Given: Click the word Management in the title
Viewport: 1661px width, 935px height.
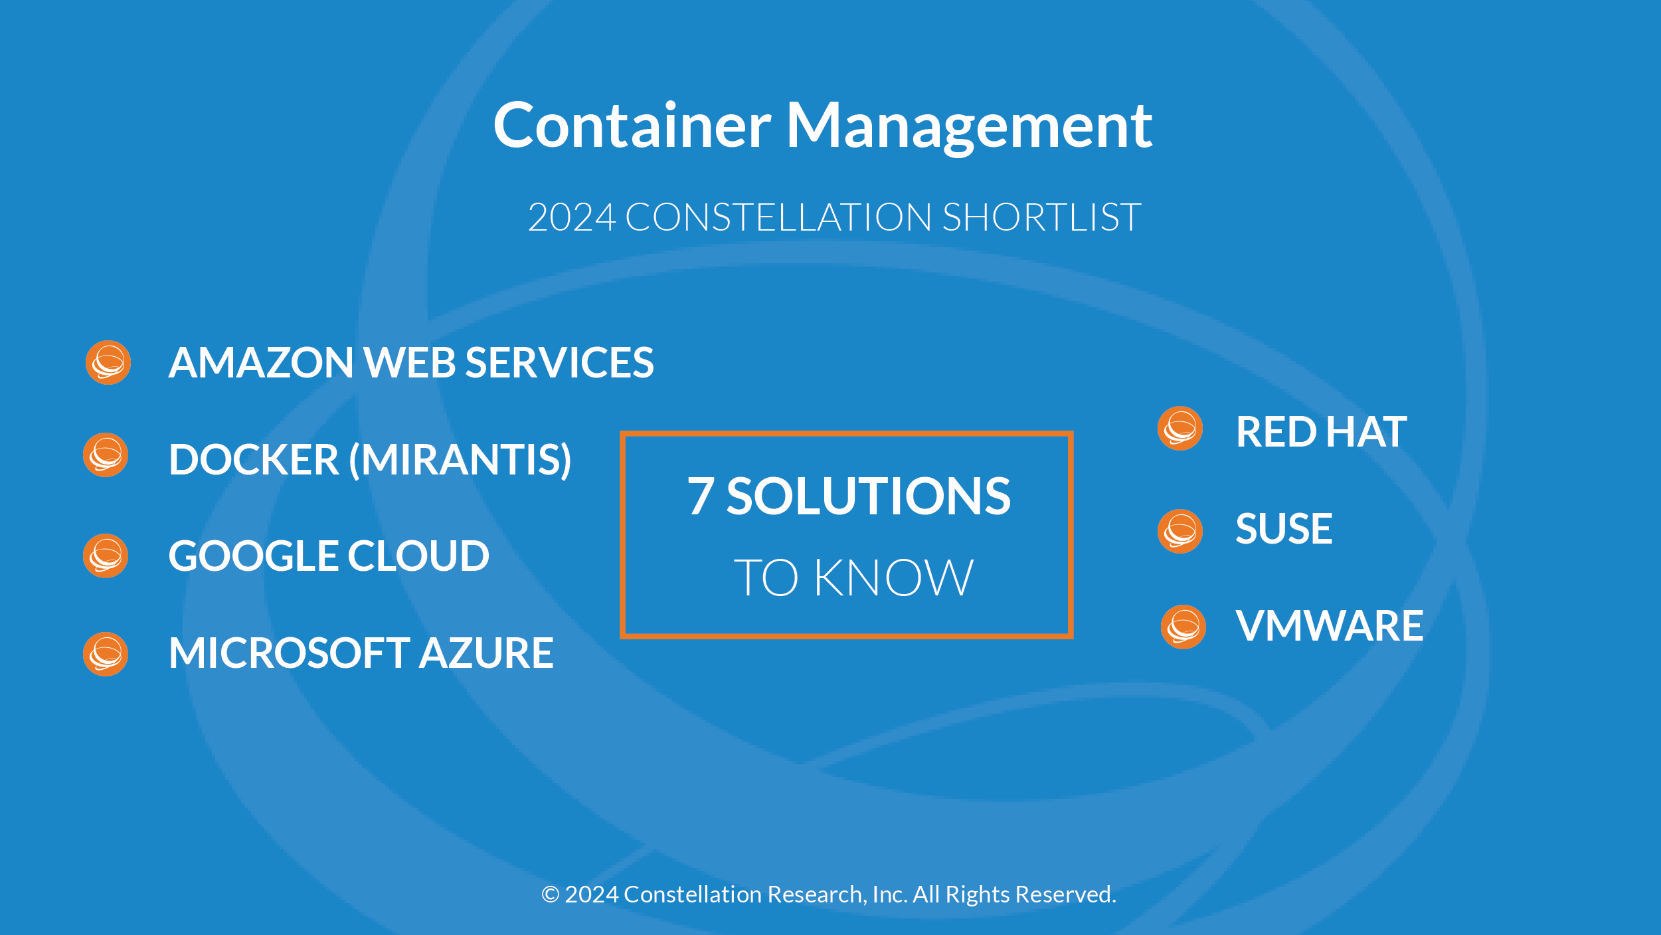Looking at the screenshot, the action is (970, 127).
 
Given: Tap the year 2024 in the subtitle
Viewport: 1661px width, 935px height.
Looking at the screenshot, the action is (572, 217).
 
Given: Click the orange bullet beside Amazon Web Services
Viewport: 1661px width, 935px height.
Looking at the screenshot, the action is (108, 363).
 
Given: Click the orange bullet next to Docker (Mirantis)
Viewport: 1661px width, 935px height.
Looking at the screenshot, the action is (106, 455).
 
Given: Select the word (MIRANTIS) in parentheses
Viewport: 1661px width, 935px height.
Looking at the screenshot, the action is (460, 460).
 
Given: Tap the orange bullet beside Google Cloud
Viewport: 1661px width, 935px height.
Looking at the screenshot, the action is (106, 556).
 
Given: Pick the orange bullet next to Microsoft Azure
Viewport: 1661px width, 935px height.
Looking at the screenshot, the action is (106, 654).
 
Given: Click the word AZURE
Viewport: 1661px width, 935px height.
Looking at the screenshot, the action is (486, 653).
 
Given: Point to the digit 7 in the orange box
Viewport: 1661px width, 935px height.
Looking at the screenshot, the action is (701, 496).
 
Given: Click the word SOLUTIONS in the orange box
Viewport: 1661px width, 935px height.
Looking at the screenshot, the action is (869, 496).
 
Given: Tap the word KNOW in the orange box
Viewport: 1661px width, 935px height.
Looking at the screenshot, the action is (894, 577).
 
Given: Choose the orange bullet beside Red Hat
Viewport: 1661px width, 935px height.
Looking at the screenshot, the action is (1180, 429).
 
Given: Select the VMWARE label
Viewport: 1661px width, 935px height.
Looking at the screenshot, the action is (1330, 626).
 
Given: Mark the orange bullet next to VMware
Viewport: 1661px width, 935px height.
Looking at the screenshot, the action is (1183, 627).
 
